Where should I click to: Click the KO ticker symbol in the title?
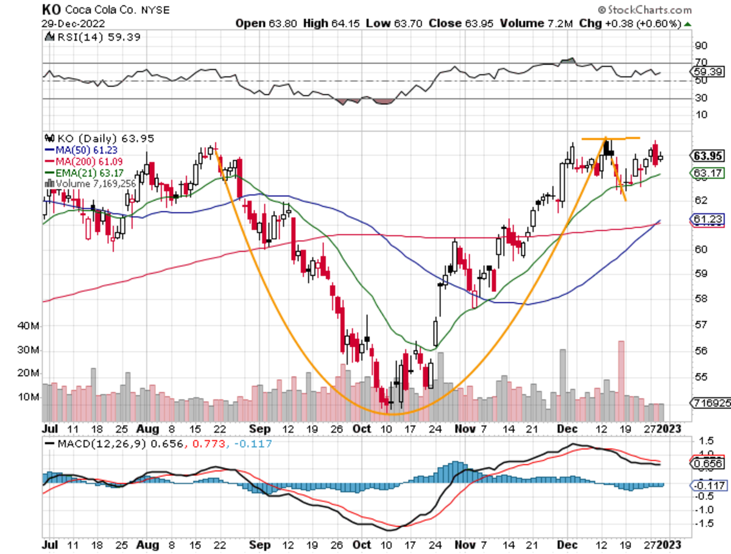click(51, 10)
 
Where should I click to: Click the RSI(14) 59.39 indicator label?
click(82, 37)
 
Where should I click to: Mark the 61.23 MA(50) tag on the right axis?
click(707, 219)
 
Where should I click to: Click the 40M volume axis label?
click(29, 326)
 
